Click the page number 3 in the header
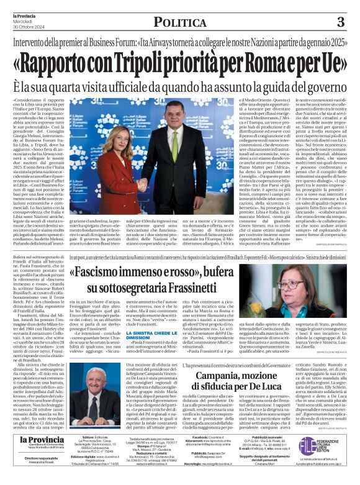340,22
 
